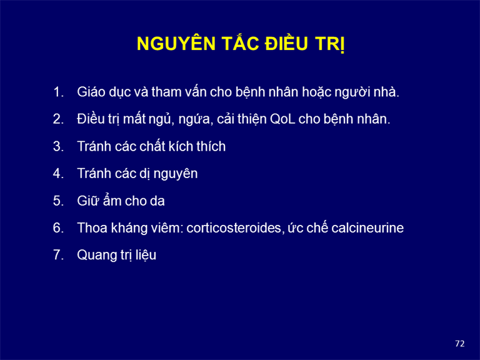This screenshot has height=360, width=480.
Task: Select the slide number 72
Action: pyautogui.click(x=460, y=344)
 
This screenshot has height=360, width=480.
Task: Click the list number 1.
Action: pyautogui.click(x=58, y=92)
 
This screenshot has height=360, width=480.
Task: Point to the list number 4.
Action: pyautogui.click(x=58, y=174)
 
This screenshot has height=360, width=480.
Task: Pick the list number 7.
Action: pyautogui.click(x=58, y=255)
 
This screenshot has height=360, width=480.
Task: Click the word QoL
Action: pyautogui.click(x=282, y=119)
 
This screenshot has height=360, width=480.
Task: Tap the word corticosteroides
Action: pyautogui.click(x=234, y=228)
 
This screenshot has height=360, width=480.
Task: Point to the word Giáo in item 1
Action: pyautogui.click(x=89, y=92)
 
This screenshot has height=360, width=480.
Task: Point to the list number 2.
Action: pyautogui.click(x=58, y=119)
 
